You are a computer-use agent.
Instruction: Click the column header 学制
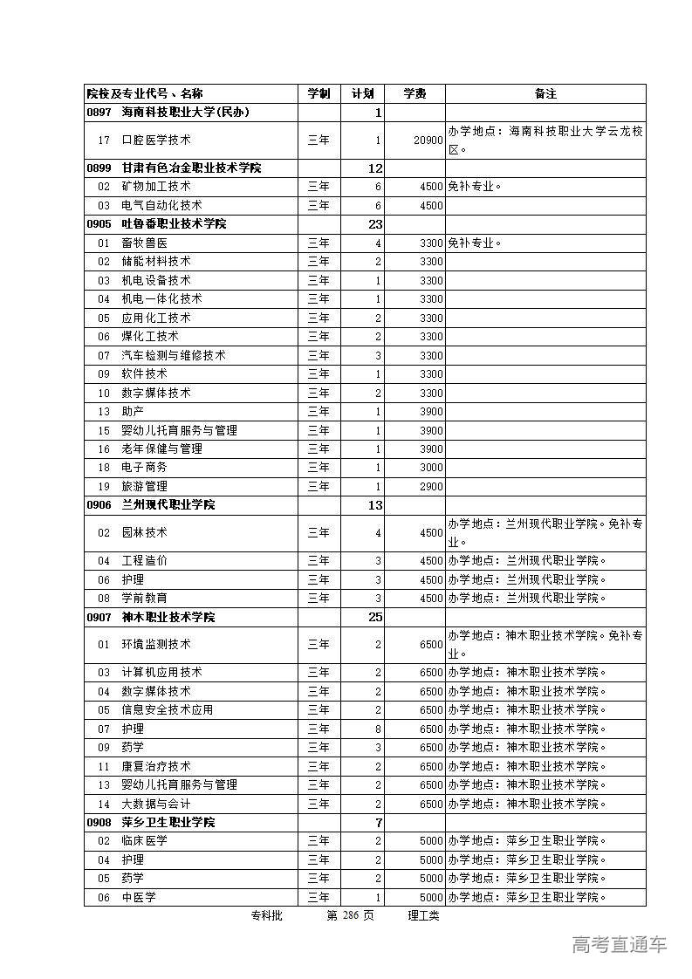319,94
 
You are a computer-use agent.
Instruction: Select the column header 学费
415,94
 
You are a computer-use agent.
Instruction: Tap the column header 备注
545,94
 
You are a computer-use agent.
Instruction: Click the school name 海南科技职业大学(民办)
185,113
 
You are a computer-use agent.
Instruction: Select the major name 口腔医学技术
156,140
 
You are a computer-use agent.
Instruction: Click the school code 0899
99,168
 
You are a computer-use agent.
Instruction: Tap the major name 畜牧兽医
144,243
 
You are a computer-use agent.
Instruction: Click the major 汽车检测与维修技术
174,355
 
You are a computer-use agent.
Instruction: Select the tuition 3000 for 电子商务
431,468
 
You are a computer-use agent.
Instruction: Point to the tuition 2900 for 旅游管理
431,486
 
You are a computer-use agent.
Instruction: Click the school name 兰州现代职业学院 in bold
168,505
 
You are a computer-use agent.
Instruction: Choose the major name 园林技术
144,533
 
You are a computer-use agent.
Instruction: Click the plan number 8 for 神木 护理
378,729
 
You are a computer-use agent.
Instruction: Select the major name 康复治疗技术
156,766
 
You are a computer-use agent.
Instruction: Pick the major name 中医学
139,897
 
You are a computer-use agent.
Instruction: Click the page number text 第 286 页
350,915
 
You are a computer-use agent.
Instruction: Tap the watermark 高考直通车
620,944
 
